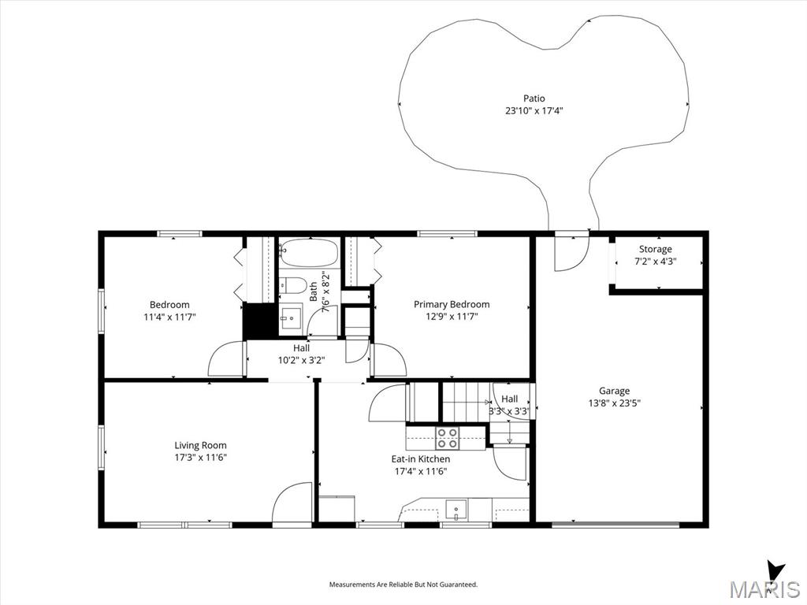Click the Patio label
click(x=534, y=98)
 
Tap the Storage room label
click(x=655, y=249)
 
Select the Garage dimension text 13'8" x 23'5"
click(x=614, y=403)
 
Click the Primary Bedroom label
click(x=452, y=304)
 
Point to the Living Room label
click(x=200, y=446)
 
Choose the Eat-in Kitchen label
click(x=421, y=459)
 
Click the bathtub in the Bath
click(x=308, y=253)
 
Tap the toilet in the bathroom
click(x=292, y=284)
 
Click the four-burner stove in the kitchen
click(x=447, y=438)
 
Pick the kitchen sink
click(x=456, y=510)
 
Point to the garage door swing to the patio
click(x=571, y=253)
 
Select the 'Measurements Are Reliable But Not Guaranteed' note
click(x=403, y=585)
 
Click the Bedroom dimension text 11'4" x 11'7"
click(x=170, y=317)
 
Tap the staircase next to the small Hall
click(x=465, y=401)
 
